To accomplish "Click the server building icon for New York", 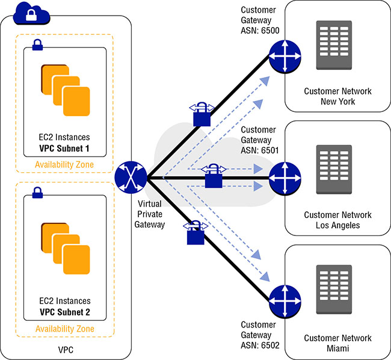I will click(335, 46).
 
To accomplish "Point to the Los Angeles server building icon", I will click(335, 170).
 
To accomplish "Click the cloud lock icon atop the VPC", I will click(31, 12).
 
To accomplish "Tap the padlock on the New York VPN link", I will click(202, 114).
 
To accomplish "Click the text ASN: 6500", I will click(259, 29).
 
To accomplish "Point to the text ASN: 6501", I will click(259, 149).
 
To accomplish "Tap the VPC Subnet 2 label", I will click(65, 312).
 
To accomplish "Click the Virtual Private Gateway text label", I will click(150, 214).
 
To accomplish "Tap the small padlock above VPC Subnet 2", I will click(37, 193).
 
